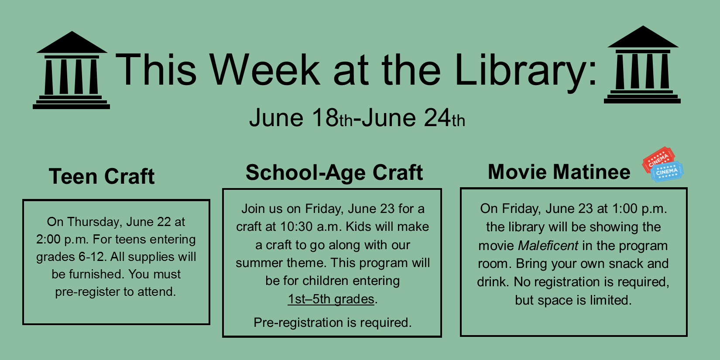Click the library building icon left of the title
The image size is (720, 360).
coord(72,70)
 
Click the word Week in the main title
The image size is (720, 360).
coord(264,70)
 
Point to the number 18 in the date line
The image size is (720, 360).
coord(326,118)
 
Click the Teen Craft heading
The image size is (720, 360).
coord(102,176)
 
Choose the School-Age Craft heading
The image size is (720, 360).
coord(334,173)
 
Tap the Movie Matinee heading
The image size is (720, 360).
coord(559,171)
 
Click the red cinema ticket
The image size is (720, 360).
coord(657,158)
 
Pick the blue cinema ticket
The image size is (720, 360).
coord(667,172)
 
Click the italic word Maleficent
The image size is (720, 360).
coord(548,246)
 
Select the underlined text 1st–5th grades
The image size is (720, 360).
coord(331,299)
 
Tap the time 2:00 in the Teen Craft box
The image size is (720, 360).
coord(48,240)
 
